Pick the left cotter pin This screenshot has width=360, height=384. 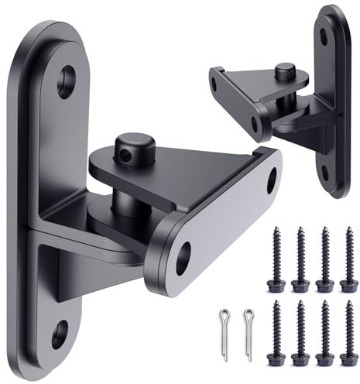click(x=223, y=321)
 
